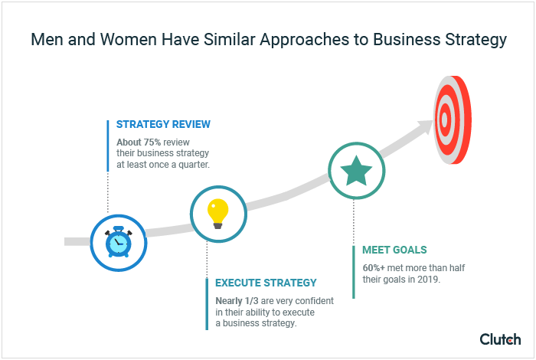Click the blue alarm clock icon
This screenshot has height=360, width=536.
point(118,242)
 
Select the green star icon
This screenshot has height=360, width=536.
point(356,172)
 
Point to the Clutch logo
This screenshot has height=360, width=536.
point(500,339)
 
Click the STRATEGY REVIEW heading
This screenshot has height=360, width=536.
point(163,124)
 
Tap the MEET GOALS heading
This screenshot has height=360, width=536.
point(394,250)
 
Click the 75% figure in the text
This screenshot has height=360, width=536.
point(153,142)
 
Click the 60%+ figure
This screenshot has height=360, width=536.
point(377,268)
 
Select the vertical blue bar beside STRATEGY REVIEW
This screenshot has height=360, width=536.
point(107,145)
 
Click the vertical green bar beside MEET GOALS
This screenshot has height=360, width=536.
point(354,272)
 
